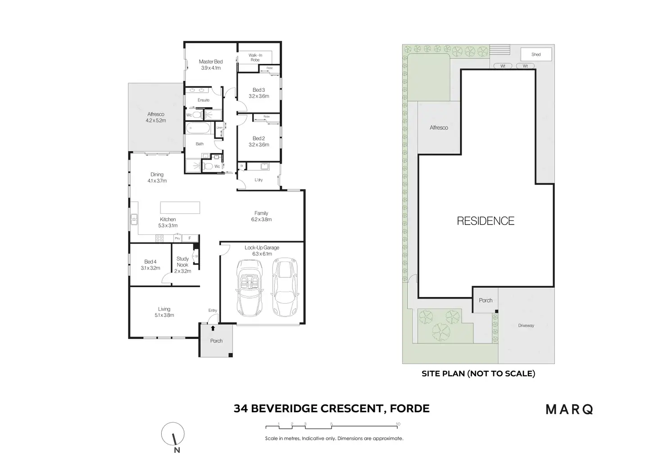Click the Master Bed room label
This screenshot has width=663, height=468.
211,62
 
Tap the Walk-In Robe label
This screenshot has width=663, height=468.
255,58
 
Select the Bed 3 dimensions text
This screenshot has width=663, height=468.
259,96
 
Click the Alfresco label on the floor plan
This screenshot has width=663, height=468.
156,114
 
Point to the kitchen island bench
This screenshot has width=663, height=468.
180,207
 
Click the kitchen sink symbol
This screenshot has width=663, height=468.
134,220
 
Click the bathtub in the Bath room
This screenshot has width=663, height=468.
197,128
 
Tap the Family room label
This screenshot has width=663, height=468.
261,213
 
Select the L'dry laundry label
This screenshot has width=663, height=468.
259,180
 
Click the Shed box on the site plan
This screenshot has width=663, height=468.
536,54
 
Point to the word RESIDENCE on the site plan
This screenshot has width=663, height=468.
486,221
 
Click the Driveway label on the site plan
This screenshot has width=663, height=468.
526,325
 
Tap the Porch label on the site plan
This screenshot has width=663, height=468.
486,300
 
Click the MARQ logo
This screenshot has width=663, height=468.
569,409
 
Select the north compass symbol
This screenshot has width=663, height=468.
173,435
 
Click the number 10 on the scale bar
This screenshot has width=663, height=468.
398,424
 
